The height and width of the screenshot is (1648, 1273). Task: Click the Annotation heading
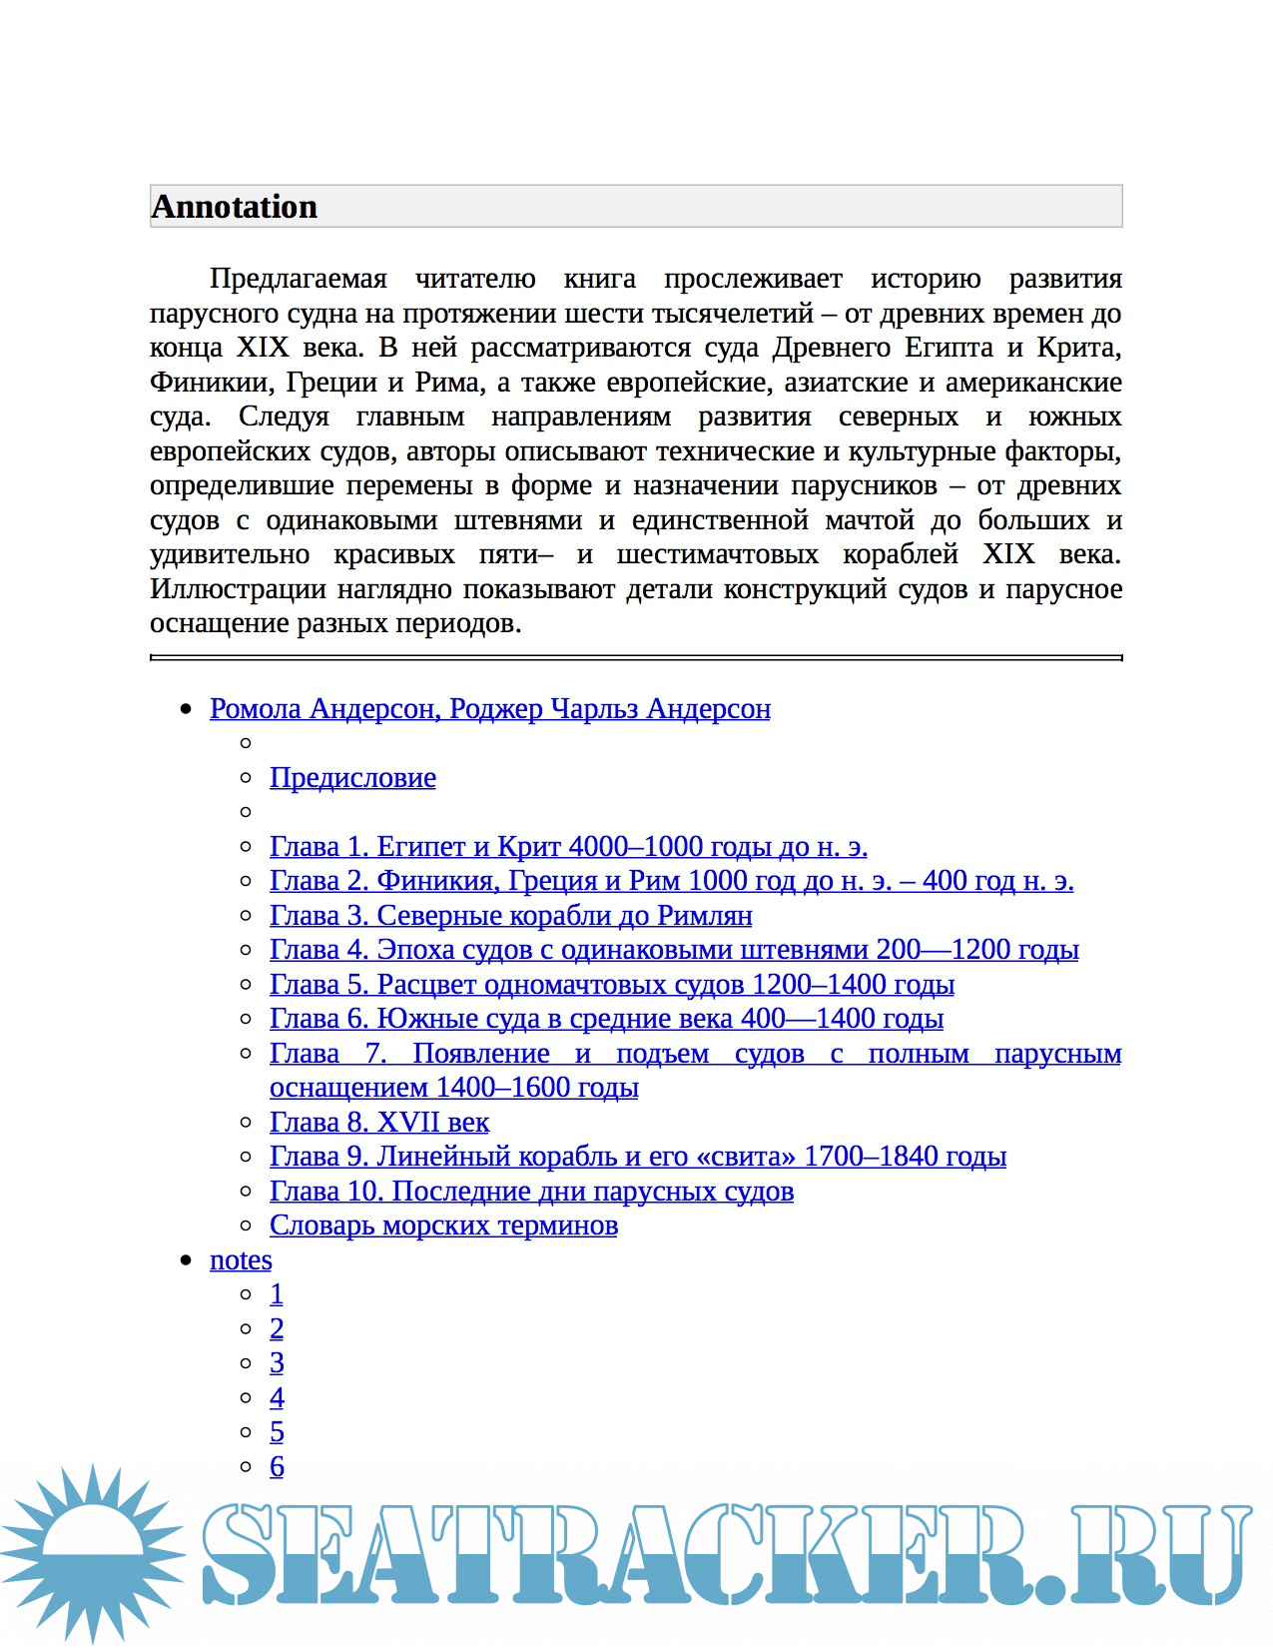(235, 207)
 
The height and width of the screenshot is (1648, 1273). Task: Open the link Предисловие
(352, 778)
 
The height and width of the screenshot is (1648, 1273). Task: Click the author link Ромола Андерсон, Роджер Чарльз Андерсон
(489, 709)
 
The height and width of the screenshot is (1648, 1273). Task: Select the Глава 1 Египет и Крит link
(568, 847)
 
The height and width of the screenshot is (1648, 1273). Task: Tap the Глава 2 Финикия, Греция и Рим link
(671, 881)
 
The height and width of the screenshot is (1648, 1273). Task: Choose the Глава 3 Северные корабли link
(510, 916)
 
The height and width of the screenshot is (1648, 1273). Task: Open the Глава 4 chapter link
(674, 950)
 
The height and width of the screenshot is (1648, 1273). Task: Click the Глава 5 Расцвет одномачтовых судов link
(611, 985)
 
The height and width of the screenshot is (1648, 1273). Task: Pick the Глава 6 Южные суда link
(606, 1019)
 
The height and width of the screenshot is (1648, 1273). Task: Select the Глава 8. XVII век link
(379, 1123)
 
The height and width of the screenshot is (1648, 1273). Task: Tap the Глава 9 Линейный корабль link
(637, 1157)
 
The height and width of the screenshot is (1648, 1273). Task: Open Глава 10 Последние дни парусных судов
(531, 1192)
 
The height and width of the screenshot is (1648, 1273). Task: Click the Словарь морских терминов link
(443, 1226)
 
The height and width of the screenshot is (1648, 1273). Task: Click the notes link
(241, 1260)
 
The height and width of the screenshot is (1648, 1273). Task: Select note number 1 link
(277, 1294)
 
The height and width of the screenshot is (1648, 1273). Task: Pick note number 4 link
(277, 1398)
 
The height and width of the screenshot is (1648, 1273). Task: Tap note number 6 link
(277, 1467)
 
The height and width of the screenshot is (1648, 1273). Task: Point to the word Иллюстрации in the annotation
(238, 589)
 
